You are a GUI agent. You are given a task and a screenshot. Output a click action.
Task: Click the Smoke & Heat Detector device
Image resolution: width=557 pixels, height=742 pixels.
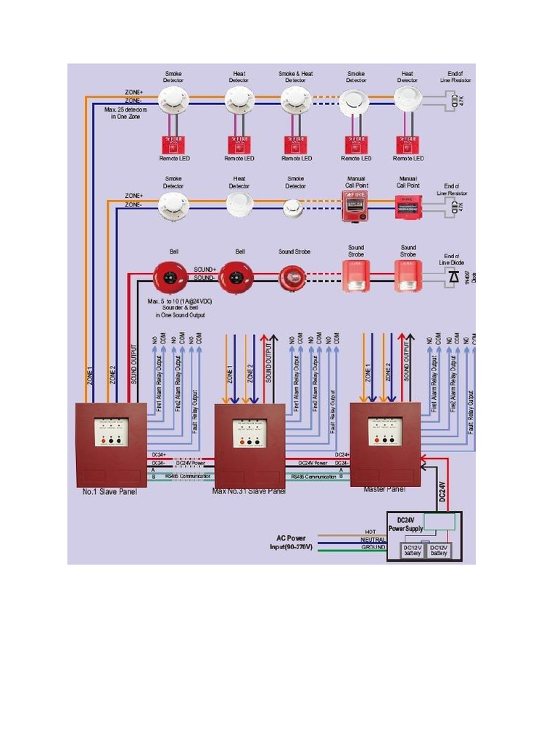[296, 101]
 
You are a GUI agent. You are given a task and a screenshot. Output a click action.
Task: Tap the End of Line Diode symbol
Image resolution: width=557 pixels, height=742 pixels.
[453, 276]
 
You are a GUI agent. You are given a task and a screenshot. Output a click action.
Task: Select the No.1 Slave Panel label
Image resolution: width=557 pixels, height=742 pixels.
[110, 492]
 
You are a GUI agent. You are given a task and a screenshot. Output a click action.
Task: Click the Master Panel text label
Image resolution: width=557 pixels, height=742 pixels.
[384, 489]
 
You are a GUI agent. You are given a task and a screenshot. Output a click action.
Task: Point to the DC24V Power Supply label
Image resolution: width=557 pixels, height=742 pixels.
[405, 525]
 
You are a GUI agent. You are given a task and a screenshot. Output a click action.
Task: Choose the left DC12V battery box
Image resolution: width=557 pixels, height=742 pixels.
[412, 551]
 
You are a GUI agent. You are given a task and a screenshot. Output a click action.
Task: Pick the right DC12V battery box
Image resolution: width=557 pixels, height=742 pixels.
[439, 551]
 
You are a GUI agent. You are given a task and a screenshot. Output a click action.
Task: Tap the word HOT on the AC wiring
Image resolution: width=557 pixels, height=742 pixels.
[371, 532]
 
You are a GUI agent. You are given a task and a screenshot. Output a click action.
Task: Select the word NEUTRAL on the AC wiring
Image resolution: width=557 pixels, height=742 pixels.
[373, 540]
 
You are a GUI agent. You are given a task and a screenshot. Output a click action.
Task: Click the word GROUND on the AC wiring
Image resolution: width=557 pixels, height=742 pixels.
[373, 548]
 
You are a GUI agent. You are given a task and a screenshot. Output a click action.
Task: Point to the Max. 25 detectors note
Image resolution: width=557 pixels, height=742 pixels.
[125, 113]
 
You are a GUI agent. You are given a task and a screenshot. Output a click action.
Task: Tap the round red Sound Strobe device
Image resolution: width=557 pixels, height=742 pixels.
[293, 277]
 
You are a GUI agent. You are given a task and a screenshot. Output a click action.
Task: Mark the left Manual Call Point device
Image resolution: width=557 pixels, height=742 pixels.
[355, 207]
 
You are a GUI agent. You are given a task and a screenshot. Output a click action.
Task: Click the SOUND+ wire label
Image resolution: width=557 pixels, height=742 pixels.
[205, 270]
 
